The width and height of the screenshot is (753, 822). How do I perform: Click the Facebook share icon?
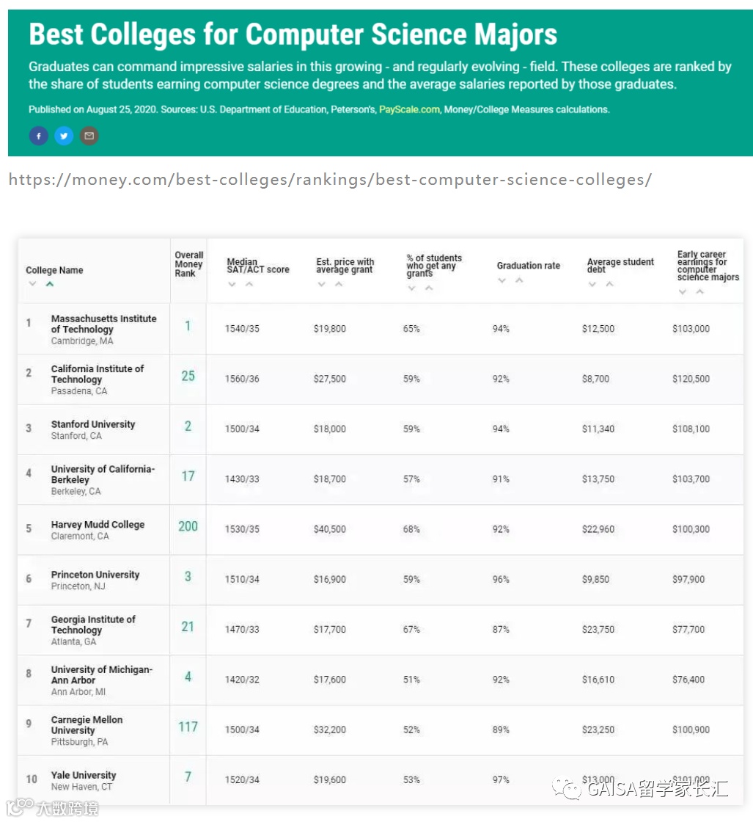click(x=38, y=136)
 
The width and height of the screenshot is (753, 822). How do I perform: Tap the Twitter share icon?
click(x=64, y=136)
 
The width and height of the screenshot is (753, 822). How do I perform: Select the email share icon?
click(x=89, y=136)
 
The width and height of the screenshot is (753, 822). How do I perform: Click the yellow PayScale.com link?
click(x=409, y=109)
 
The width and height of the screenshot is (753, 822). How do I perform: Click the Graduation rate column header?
click(x=528, y=266)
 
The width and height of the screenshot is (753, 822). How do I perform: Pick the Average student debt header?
click(x=620, y=266)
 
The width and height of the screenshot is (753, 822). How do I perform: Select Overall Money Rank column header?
click(x=188, y=264)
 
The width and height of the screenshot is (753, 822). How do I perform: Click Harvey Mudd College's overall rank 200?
click(x=188, y=526)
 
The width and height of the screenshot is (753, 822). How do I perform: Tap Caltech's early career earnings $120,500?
click(x=691, y=379)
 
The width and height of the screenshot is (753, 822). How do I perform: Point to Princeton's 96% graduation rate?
click(x=501, y=579)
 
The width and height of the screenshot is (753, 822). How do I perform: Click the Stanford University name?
click(x=93, y=424)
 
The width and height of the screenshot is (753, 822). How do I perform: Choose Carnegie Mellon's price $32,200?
click(x=329, y=730)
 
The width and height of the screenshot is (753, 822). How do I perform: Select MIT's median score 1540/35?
click(x=242, y=329)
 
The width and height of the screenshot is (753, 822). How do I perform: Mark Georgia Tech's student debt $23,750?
click(x=598, y=629)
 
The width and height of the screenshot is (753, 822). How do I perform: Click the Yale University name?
click(x=84, y=775)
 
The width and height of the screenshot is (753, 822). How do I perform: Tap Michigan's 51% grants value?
click(x=411, y=680)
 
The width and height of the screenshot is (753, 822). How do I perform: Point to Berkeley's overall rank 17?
click(x=188, y=476)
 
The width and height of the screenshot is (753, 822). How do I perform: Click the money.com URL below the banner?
click(x=329, y=180)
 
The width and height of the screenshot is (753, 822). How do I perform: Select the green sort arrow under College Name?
click(x=50, y=284)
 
